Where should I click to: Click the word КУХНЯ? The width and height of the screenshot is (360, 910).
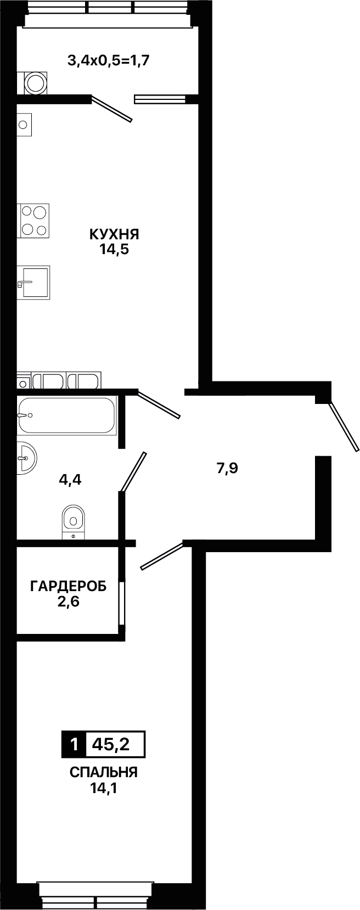[x=114, y=234]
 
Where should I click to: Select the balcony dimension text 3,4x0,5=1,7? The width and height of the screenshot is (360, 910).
[x=109, y=61]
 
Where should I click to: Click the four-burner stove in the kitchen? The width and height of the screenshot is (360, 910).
[x=33, y=221]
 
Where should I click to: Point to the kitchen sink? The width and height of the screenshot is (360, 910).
[x=33, y=283]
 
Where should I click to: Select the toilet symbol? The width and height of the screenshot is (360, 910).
[x=73, y=523]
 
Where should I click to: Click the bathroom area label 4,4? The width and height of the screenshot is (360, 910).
[x=70, y=480]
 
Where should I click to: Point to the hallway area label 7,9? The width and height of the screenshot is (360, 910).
[x=227, y=468]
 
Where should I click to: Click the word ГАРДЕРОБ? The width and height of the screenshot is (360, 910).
[x=68, y=586]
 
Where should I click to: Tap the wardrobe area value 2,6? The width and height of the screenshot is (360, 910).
[x=68, y=601]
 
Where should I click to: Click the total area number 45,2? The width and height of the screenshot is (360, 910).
[x=110, y=745]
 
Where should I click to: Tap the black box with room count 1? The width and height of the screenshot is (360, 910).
[x=74, y=745]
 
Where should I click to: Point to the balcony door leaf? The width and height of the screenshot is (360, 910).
[x=112, y=109]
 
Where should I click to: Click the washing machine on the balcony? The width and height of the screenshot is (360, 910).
[x=35, y=83]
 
